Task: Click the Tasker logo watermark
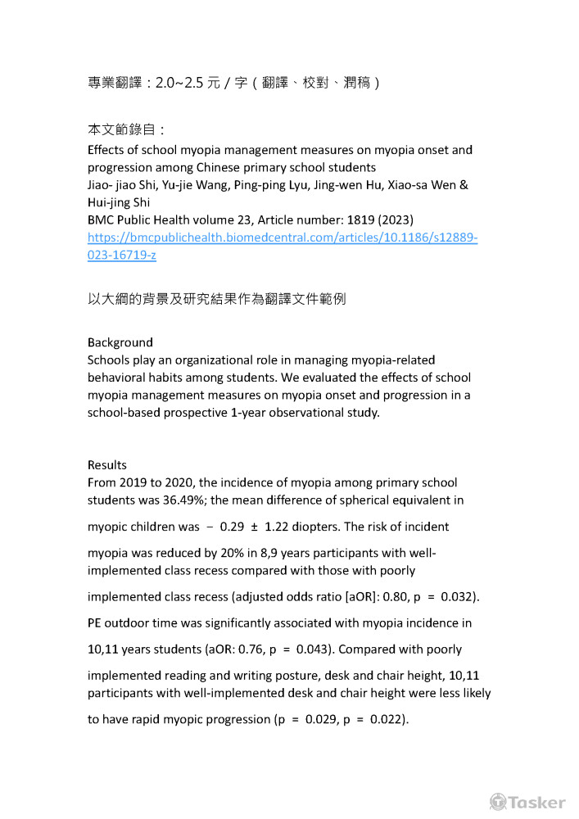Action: click(527, 802)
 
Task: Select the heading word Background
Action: click(120, 342)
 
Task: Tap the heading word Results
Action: click(107, 465)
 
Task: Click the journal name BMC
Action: click(102, 219)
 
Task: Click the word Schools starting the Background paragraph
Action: click(110, 360)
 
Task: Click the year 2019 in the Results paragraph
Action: click(135, 482)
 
